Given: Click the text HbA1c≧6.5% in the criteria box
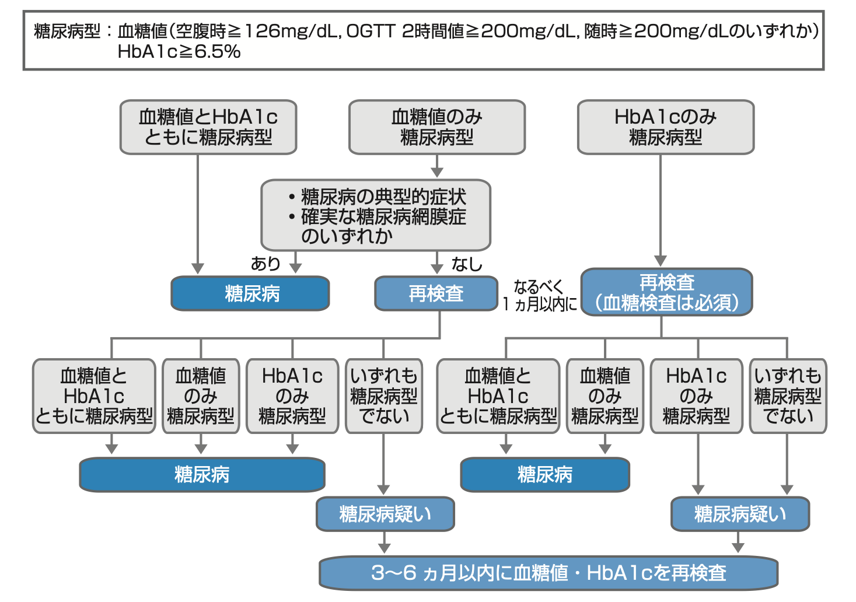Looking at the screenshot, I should click(x=179, y=52).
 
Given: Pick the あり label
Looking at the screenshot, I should click(x=265, y=264).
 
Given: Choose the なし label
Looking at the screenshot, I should click(x=467, y=264).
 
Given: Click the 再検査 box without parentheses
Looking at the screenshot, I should click(x=436, y=293).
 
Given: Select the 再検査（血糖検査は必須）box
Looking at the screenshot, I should click(x=666, y=293).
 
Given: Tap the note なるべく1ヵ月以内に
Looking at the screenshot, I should click(x=539, y=295).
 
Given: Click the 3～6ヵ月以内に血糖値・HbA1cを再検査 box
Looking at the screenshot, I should click(x=548, y=573).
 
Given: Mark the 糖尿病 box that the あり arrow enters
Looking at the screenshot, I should click(x=250, y=293).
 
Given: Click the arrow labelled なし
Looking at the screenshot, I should click(x=437, y=262).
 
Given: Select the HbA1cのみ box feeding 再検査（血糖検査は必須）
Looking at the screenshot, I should click(x=666, y=127).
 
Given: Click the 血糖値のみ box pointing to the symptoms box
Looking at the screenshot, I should click(x=437, y=127).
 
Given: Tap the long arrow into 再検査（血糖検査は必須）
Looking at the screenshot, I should click(x=661, y=210).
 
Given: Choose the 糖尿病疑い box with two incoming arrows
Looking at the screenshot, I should click(x=740, y=514).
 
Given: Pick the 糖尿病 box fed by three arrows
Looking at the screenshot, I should click(x=202, y=475).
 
